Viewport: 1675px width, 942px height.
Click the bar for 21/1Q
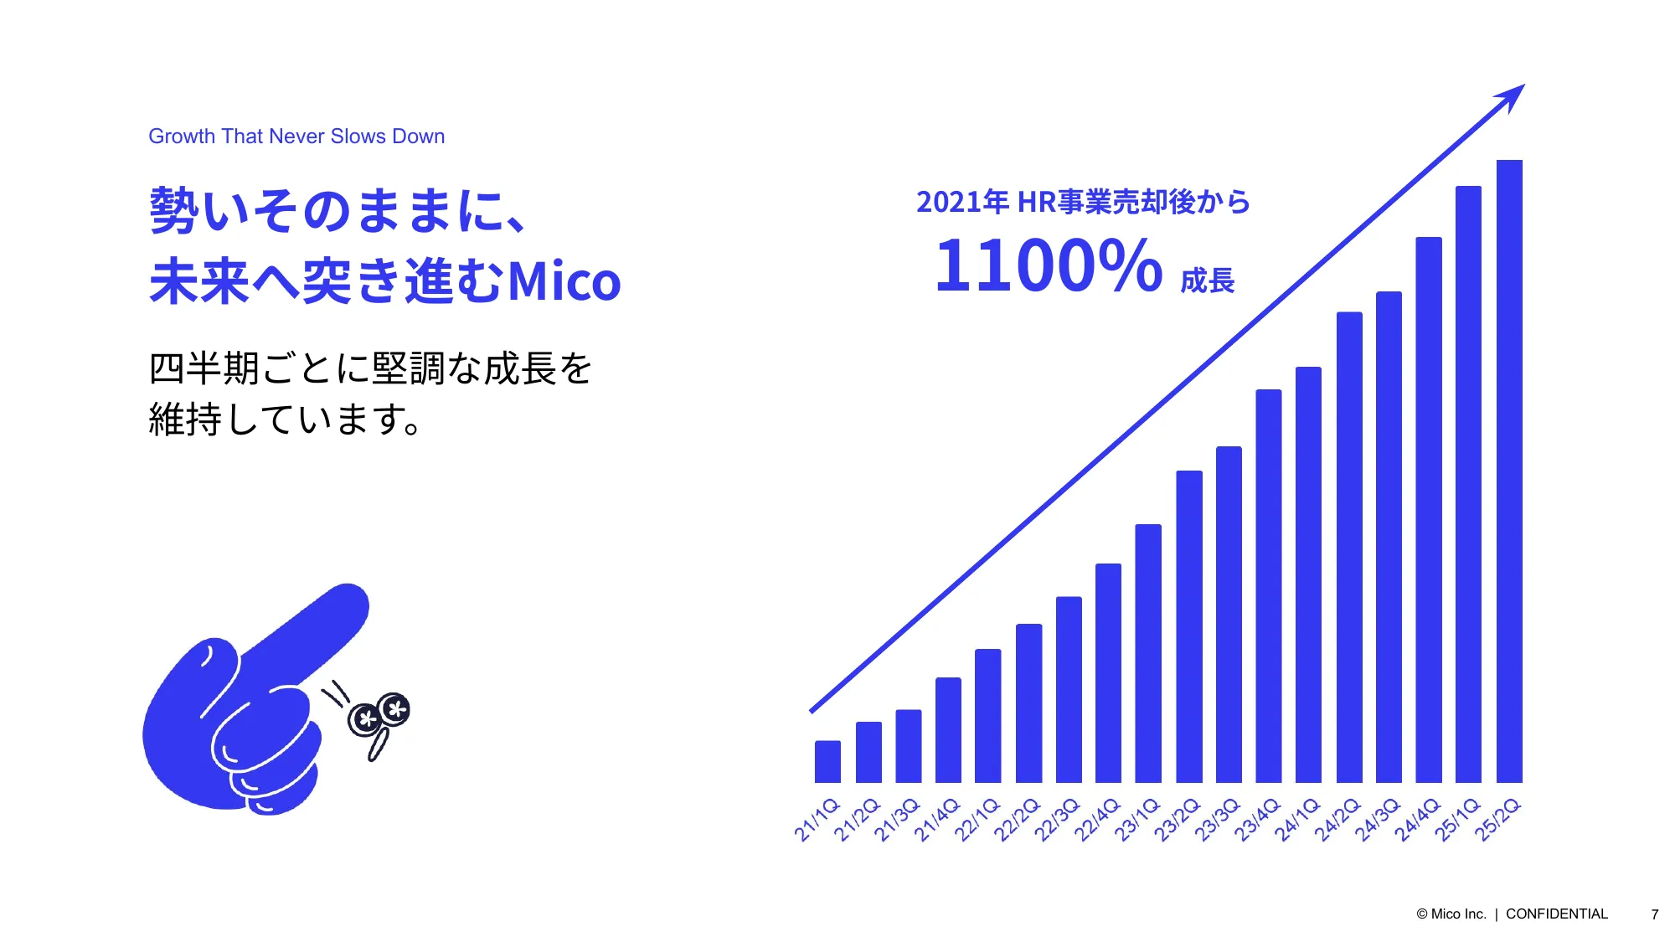click(827, 761)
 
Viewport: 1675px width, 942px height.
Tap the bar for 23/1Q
click(1148, 653)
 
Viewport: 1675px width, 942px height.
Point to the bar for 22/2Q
click(1028, 703)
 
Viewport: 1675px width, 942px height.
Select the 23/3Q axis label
click(1218, 820)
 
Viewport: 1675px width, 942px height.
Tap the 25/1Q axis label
click(1458, 820)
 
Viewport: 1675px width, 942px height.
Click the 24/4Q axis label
click(1418, 820)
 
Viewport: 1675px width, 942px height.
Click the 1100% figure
click(1048, 266)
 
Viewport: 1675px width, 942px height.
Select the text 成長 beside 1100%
click(1208, 281)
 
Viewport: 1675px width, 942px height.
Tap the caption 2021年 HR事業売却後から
click(1083, 202)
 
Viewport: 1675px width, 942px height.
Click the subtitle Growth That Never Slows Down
click(296, 136)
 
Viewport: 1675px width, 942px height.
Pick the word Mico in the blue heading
click(564, 281)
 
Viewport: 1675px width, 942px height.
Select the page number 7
click(1655, 914)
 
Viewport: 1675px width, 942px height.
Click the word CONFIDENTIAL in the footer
click(1557, 914)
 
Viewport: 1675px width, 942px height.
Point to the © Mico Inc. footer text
click(1451, 914)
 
